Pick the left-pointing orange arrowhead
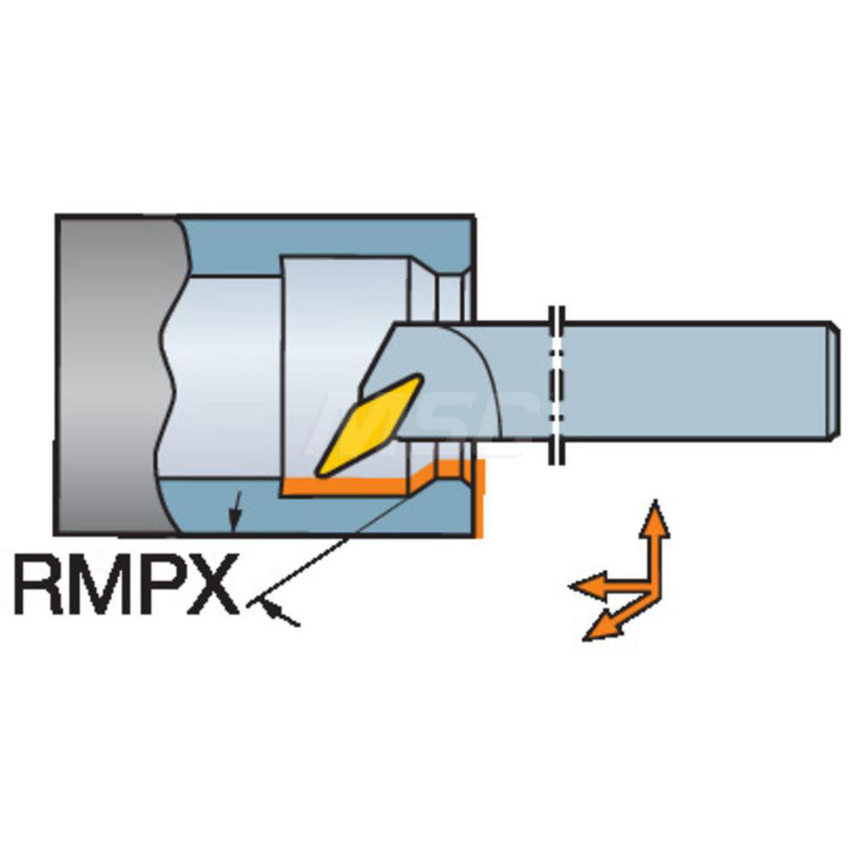pos(588,585)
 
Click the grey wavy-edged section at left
pos(117,374)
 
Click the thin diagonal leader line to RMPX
pos(327,551)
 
